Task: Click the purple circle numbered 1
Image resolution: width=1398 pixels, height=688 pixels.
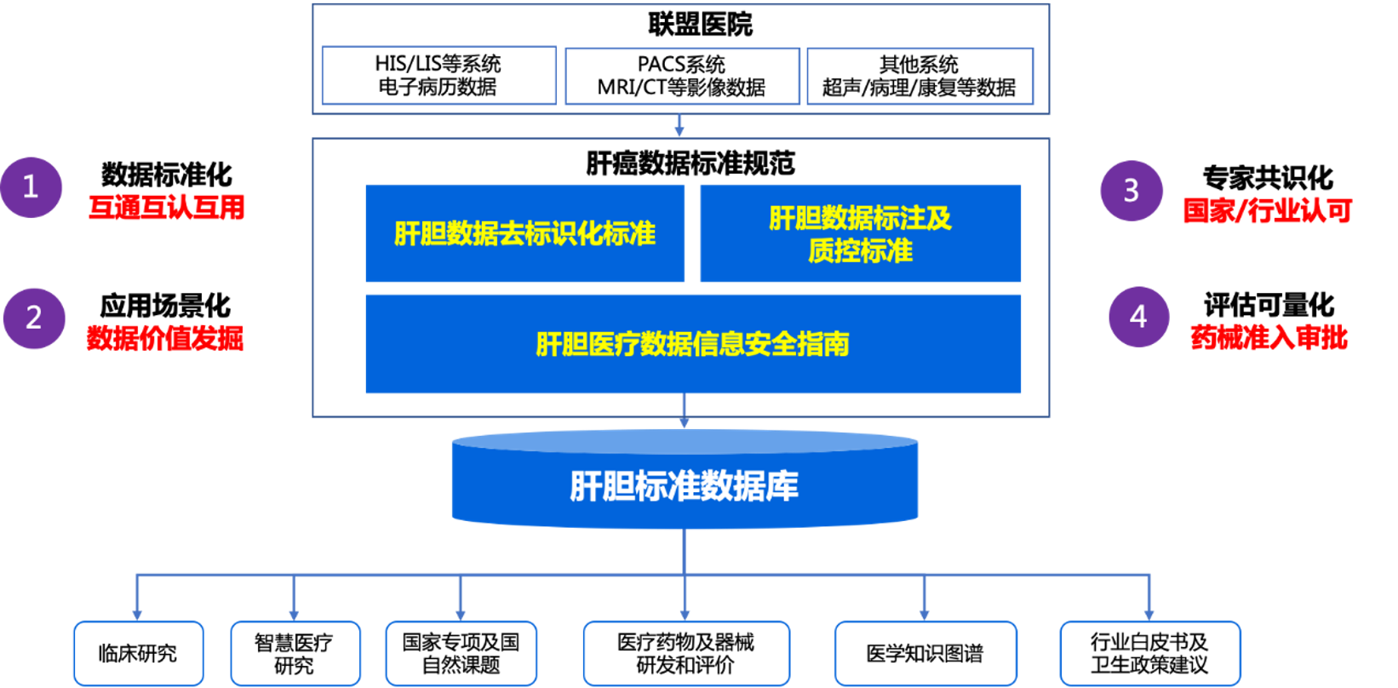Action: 31,187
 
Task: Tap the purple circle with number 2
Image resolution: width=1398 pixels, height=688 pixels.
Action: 34,318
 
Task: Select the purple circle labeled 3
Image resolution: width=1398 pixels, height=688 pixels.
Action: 1131,191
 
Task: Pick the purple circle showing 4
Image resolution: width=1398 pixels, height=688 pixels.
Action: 1138,317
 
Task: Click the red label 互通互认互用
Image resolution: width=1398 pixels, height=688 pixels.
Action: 167,207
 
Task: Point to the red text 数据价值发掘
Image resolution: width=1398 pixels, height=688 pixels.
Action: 165,338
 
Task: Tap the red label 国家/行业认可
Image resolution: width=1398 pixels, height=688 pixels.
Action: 1268,210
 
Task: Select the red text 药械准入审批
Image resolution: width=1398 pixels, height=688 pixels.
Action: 1269,338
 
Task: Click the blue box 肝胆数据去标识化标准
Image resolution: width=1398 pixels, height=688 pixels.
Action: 524,233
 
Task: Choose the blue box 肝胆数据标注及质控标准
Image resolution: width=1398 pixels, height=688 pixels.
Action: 860,233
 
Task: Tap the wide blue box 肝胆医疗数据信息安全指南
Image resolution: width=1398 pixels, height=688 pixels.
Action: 692,344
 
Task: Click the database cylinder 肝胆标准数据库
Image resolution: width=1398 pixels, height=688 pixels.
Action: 684,485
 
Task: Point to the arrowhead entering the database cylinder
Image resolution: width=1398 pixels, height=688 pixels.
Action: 684,421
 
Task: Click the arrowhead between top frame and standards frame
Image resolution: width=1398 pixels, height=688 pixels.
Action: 679,130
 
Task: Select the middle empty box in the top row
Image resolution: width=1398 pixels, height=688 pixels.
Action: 682,76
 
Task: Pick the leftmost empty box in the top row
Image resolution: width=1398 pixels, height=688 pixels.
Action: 439,76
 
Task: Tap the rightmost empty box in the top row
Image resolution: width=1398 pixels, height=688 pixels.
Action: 920,76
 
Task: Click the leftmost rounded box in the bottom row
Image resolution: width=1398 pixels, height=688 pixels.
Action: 138,653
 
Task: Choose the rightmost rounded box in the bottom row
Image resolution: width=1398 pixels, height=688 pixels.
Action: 1150,653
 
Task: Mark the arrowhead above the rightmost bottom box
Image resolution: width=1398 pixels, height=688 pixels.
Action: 1149,613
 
